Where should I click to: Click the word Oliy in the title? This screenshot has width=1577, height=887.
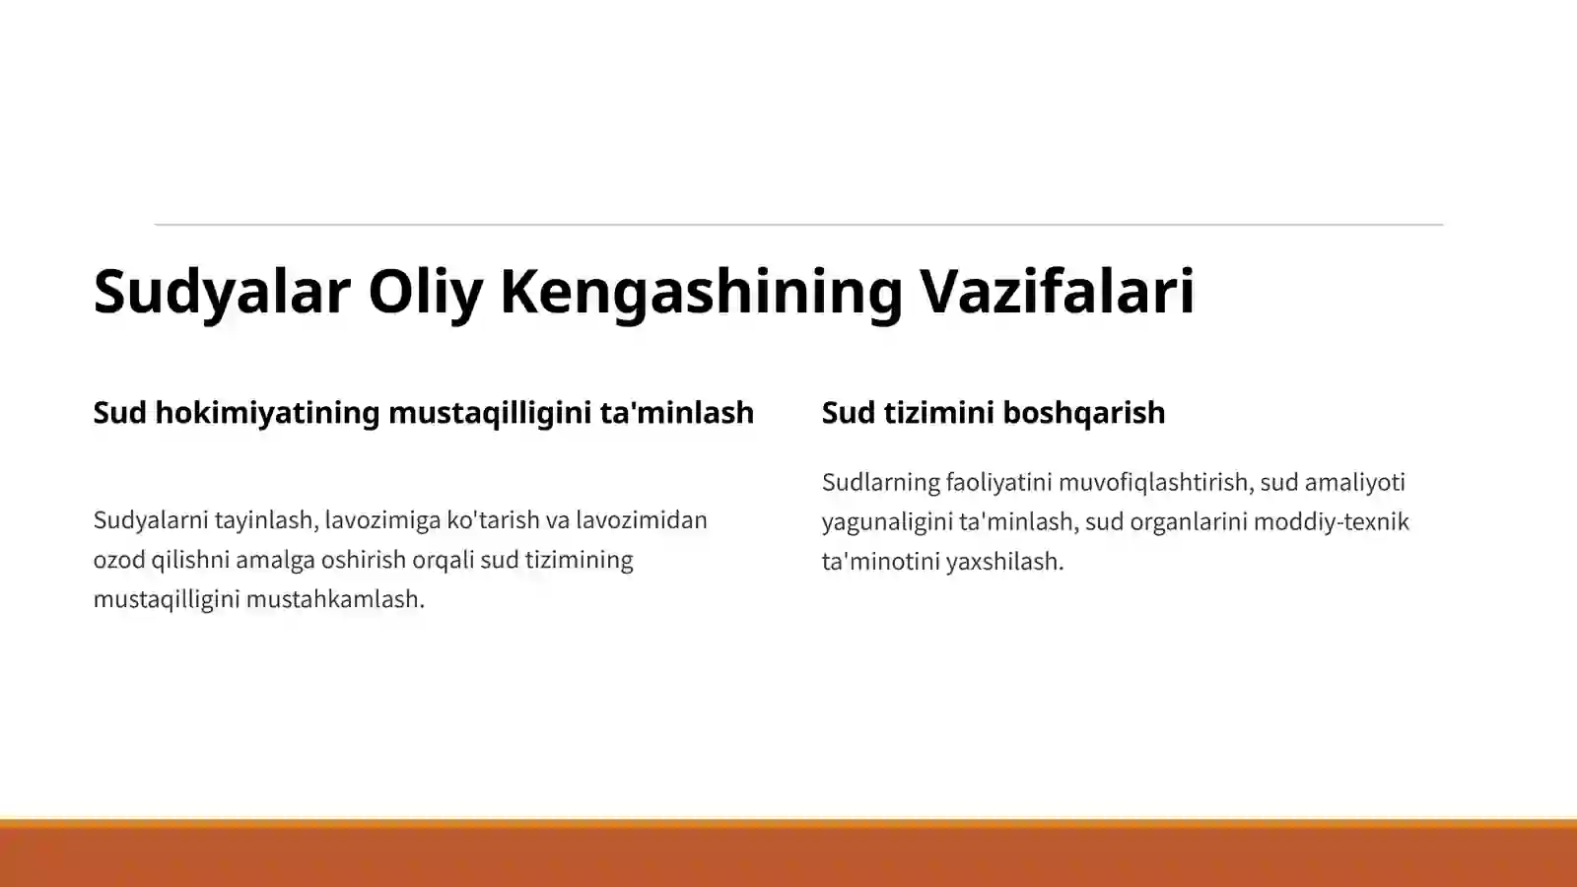tap(426, 292)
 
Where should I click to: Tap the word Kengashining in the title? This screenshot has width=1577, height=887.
tap(701, 292)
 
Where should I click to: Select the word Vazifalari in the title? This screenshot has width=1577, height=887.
tap(1057, 292)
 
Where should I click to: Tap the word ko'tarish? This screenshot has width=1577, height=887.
tap(493, 520)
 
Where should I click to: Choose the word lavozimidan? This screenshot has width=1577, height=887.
tap(642, 520)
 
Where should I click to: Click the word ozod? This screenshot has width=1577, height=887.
tap(119, 560)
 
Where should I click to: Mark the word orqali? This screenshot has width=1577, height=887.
tap(442, 560)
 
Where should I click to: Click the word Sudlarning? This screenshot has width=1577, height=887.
tap(880, 483)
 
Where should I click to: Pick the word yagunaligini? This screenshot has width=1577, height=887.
tap(886, 522)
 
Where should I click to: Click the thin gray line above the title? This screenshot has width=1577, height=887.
tap(798, 225)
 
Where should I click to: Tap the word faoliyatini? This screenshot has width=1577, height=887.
tap(997, 483)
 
